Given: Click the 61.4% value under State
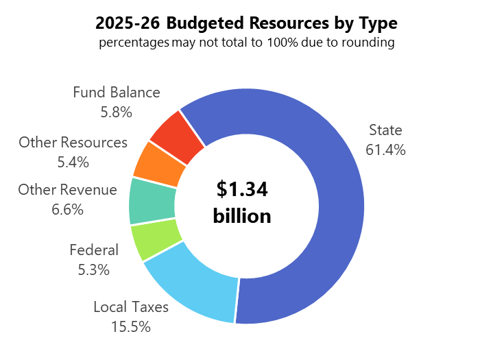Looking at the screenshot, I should pyautogui.click(x=385, y=149).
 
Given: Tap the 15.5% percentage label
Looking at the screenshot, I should pyautogui.click(x=130, y=326).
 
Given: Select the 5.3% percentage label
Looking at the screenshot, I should pyautogui.click(x=94, y=269).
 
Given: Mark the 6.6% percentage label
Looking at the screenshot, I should pyautogui.click(x=67, y=210).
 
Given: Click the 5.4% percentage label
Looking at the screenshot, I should pyautogui.click(x=73, y=163).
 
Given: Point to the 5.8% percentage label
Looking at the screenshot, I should pyautogui.click(x=116, y=112).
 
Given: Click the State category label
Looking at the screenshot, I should pyautogui.click(x=385, y=130).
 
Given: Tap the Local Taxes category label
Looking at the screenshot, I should pyautogui.click(x=131, y=307).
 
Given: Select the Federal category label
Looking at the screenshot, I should pyautogui.click(x=94, y=250).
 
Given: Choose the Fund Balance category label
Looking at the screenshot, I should pyautogui.click(x=117, y=93).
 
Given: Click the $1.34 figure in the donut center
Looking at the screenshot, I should pyautogui.click(x=242, y=189).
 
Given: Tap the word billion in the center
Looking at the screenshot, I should pyautogui.click(x=242, y=216).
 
